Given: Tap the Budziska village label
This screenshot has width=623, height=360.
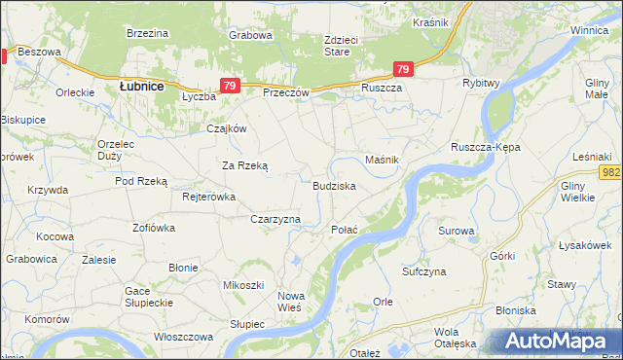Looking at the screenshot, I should (334, 185).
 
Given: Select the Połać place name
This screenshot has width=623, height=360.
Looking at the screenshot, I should (346, 230).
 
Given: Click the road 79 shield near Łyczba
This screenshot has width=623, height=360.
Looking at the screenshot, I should (229, 86).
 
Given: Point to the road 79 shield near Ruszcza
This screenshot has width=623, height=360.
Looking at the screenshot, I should (403, 68).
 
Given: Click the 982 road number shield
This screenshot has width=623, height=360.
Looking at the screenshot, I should (611, 172).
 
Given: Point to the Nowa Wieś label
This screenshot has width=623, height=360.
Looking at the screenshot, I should (291, 301).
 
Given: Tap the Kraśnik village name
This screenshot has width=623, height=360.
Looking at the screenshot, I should (429, 21).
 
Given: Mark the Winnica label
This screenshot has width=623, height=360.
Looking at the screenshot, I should (589, 31).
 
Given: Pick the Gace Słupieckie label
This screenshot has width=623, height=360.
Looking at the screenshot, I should (149, 297).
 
